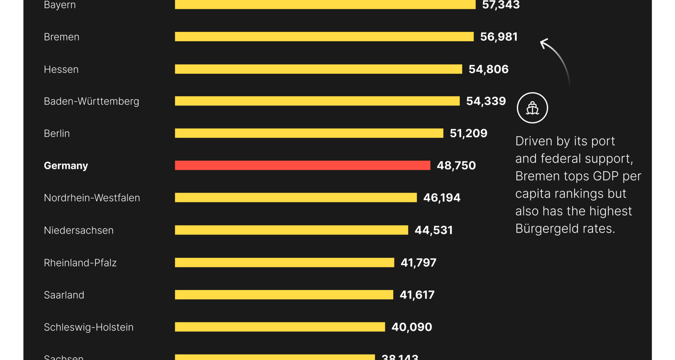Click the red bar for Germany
click(x=302, y=165)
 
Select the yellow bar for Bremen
click(x=324, y=37)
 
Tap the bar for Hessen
click(x=318, y=69)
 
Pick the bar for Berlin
click(x=309, y=133)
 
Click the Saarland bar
click(x=284, y=295)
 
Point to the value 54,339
click(x=486, y=101)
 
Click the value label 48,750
click(x=456, y=165)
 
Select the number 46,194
click(x=442, y=198)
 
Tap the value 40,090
click(x=412, y=327)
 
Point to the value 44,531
click(x=433, y=230)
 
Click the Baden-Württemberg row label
click(x=91, y=101)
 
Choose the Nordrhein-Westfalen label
click(x=92, y=198)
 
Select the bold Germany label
click(x=66, y=166)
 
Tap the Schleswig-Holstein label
click(x=89, y=327)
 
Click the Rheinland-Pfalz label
click(x=80, y=263)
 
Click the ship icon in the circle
click(x=532, y=108)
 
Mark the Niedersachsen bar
click(x=291, y=230)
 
